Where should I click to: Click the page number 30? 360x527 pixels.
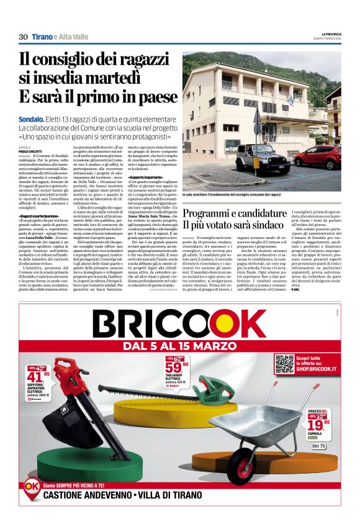(x=23, y=37)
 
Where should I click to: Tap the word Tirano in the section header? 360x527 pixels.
(x=42, y=37)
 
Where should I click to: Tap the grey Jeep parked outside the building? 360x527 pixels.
(x=258, y=158)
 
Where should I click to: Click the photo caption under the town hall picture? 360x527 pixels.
(x=232, y=194)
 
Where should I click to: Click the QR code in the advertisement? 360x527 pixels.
(x=284, y=364)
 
